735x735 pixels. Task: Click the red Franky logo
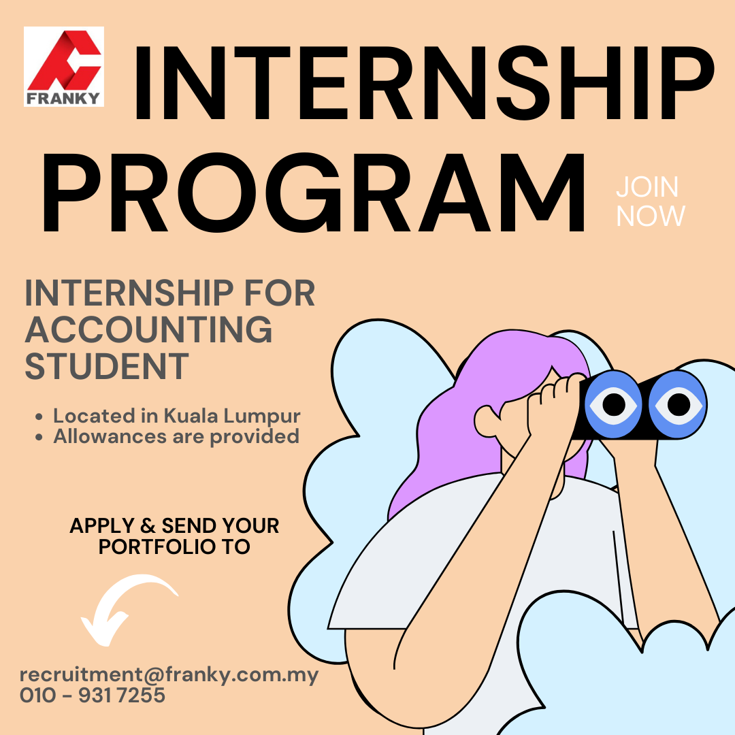click(x=64, y=67)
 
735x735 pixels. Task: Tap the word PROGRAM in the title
click(x=314, y=193)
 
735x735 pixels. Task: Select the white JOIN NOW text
click(x=650, y=201)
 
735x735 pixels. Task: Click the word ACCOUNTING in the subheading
click(x=148, y=329)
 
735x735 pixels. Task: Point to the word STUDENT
click(x=106, y=367)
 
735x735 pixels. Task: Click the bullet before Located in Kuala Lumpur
click(x=39, y=416)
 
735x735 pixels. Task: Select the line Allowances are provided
click(x=176, y=437)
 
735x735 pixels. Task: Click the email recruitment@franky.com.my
click(x=169, y=675)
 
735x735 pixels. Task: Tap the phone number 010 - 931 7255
click(x=93, y=695)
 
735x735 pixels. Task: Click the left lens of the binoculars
click(x=614, y=404)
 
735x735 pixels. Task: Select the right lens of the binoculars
click(x=678, y=404)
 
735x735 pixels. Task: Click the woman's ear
click(x=487, y=421)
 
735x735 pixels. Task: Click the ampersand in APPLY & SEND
click(x=148, y=526)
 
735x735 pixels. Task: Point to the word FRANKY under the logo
click(x=63, y=99)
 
